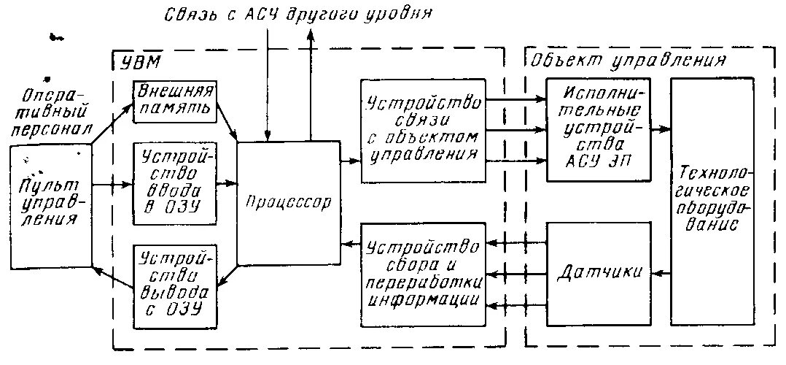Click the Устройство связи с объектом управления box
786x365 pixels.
(423, 130)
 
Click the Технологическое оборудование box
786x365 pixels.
(712, 201)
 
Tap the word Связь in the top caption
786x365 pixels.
(187, 13)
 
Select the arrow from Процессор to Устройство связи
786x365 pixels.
(350, 158)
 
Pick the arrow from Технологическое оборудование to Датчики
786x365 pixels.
(661, 273)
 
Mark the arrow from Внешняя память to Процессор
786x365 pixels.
(228, 124)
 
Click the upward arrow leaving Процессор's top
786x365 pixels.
(313, 88)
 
